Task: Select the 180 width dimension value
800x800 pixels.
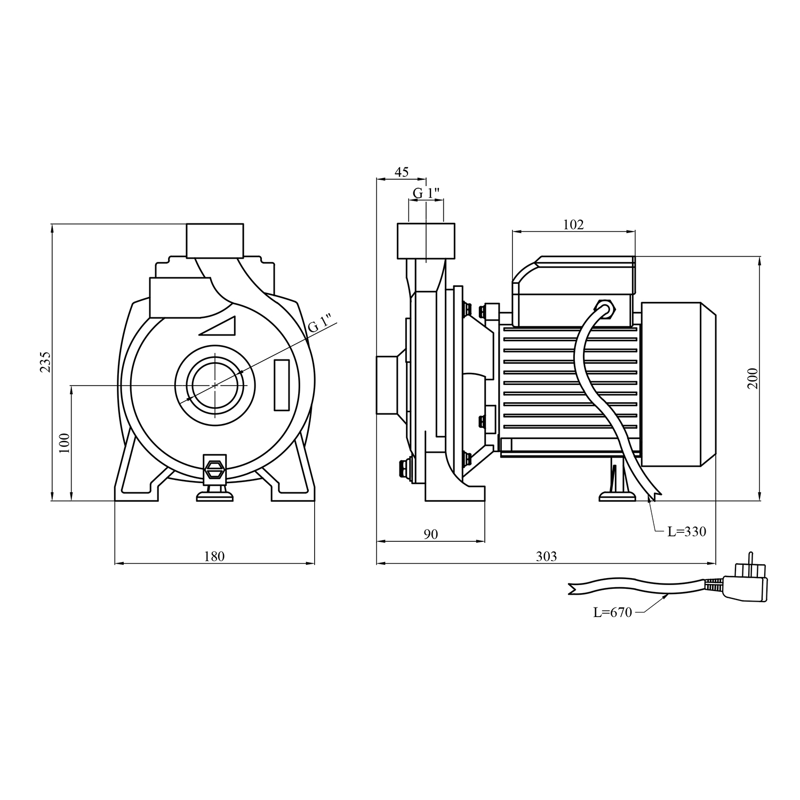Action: coord(214,556)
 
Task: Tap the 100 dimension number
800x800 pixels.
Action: coord(65,443)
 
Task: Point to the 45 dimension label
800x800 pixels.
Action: coord(401,172)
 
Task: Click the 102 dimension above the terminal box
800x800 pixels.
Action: coord(573,225)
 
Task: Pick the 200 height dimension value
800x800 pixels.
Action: coord(753,378)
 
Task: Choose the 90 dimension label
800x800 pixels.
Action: coord(430,534)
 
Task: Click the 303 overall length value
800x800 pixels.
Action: coord(546,556)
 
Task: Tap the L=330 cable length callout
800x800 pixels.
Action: coord(687,531)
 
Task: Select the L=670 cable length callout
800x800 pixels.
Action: coord(613,613)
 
